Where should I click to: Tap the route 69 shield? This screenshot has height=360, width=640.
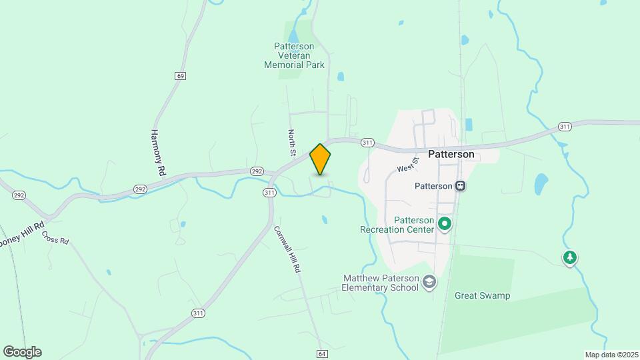(181, 76)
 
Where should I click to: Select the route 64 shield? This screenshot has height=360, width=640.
(322, 353)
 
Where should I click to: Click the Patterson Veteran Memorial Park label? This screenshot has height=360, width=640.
(294, 56)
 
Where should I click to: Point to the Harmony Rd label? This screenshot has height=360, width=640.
(158, 153)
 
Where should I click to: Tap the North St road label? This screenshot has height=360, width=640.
(291, 143)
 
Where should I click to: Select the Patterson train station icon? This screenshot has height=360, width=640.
(460, 186)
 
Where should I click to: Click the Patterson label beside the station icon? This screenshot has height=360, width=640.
(434, 187)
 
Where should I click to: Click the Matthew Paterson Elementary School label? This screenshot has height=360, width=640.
(380, 283)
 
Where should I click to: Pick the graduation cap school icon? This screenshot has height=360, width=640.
(430, 283)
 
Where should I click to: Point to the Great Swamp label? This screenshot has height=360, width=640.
(482, 295)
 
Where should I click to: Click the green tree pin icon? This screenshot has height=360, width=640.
(569, 257)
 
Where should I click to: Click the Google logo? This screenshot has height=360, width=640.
(22, 352)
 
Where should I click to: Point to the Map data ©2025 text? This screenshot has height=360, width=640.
(610, 355)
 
